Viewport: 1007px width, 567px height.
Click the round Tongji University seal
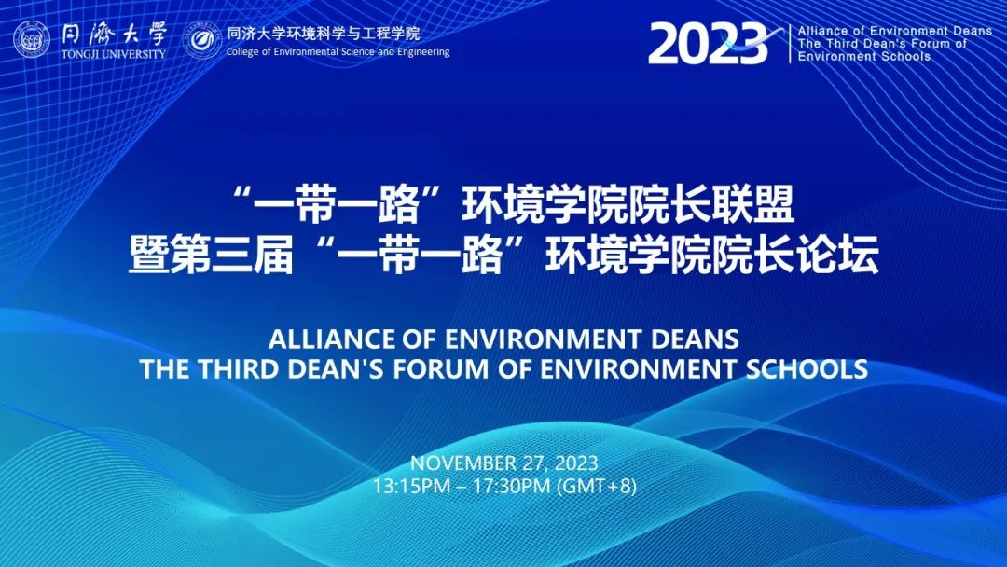32,39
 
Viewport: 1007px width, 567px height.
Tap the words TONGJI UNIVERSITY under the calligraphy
114,54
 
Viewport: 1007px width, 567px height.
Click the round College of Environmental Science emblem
202,40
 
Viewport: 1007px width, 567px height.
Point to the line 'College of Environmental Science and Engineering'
338,52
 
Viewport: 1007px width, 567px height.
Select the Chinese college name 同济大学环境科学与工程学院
323,32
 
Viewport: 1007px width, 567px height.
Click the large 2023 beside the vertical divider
708,44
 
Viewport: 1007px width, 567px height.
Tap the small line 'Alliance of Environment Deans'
895,31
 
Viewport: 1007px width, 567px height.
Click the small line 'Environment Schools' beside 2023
864,57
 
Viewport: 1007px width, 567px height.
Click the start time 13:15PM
412,486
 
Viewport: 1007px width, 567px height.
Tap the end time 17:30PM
512,486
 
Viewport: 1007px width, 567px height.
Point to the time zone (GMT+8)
597,486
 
